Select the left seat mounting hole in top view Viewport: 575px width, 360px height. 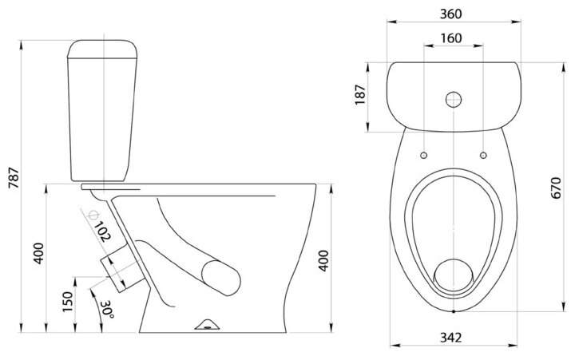click(423, 152)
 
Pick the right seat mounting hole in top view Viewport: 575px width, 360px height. click(484, 152)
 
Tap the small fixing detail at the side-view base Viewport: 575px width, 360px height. click(207, 324)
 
